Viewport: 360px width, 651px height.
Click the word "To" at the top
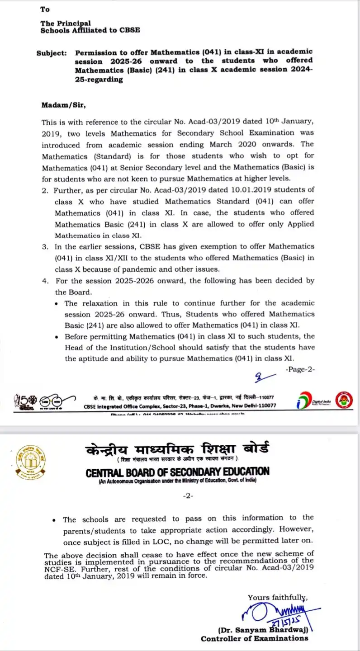(x=45, y=9)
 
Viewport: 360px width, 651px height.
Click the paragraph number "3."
(x=45, y=247)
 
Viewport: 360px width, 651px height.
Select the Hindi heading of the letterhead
(x=177, y=449)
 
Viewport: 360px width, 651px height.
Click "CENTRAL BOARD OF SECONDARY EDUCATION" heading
(x=177, y=472)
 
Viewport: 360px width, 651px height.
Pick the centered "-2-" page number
(x=188, y=496)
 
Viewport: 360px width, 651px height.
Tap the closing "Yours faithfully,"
(x=277, y=597)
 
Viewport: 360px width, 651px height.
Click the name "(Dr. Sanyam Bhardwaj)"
(x=265, y=630)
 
